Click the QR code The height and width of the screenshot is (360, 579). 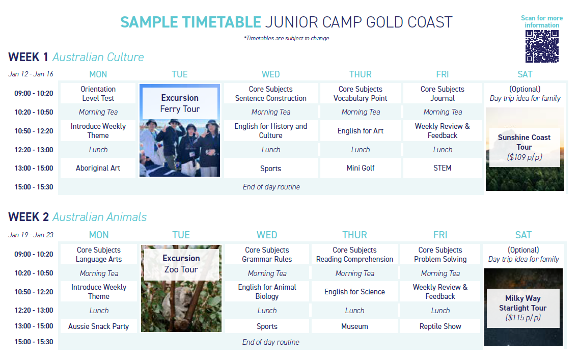[x=542, y=46]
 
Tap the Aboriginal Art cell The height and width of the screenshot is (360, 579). [x=98, y=168]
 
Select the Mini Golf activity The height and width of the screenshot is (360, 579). [x=361, y=168]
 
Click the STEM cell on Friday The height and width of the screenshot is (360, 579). [x=443, y=168]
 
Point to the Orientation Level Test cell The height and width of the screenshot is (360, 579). [x=98, y=93]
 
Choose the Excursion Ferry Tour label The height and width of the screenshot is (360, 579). [x=180, y=103]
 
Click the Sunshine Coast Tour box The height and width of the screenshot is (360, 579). [x=525, y=147]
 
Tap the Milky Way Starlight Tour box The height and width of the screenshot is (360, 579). [x=523, y=308]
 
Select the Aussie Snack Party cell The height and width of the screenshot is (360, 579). [x=99, y=326]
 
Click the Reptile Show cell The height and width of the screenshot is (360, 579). [x=440, y=326]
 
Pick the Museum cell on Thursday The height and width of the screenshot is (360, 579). [x=354, y=326]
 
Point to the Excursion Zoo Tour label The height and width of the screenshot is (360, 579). [x=181, y=264]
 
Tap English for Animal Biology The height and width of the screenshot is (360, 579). [x=267, y=292]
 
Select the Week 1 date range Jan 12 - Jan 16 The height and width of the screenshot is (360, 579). [x=31, y=74]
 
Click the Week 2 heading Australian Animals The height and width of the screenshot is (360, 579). [x=100, y=217]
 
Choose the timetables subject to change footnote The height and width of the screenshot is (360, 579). [x=286, y=38]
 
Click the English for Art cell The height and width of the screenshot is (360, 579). [x=361, y=131]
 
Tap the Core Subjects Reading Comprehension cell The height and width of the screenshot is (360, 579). [x=354, y=255]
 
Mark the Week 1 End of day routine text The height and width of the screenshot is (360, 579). [x=271, y=187]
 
